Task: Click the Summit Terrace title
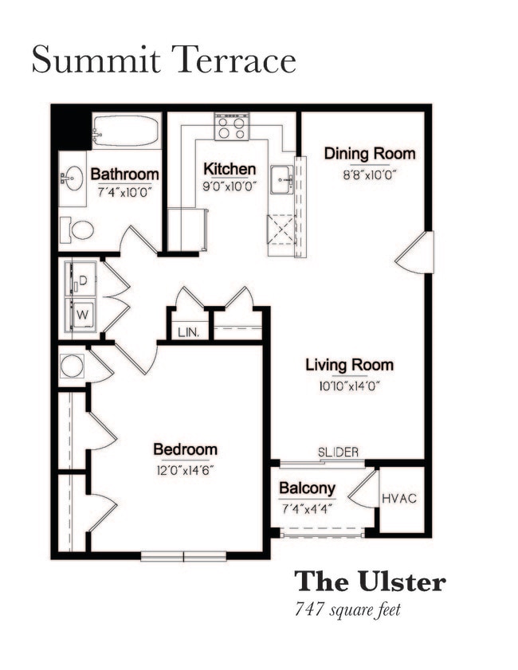[x=163, y=61]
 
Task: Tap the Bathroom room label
[x=124, y=174]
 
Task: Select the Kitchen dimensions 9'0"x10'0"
[x=230, y=187]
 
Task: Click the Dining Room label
[x=369, y=154]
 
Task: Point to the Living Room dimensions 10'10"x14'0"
[x=349, y=385]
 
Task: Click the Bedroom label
[x=185, y=449]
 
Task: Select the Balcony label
[x=307, y=488]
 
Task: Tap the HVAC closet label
[x=400, y=499]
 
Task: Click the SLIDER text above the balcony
[x=338, y=452]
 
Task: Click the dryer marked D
[x=84, y=280]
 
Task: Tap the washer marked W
[x=84, y=315]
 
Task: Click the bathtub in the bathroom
[x=126, y=130]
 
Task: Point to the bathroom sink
[x=73, y=179]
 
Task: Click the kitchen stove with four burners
[x=231, y=127]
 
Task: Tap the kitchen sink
[x=281, y=179]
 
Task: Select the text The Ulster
[x=370, y=581]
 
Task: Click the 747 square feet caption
[x=347, y=611]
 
